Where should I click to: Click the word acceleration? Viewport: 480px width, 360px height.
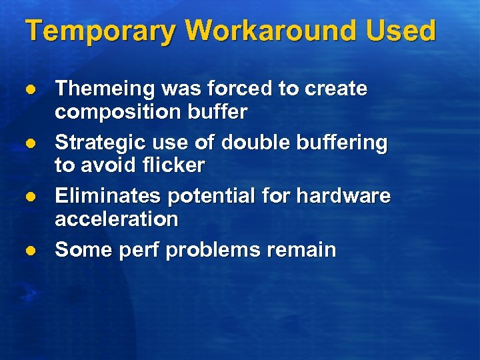pos(116,220)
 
